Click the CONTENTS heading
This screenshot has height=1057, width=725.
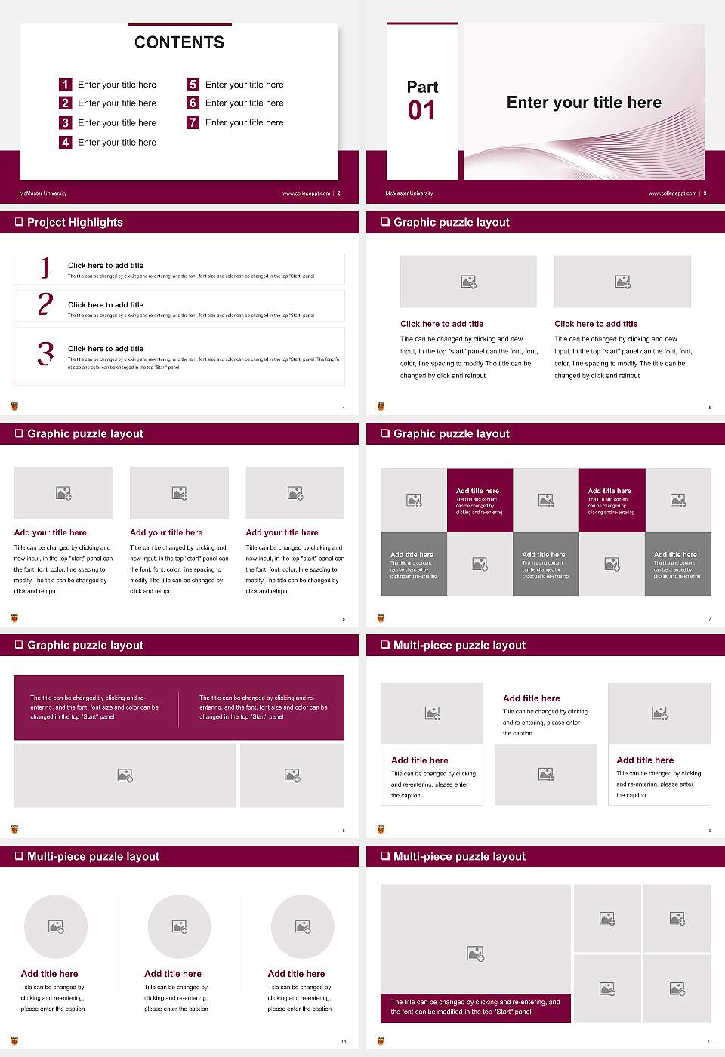point(179,42)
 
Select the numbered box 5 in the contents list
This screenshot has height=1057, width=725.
point(193,85)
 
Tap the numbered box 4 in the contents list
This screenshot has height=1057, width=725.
point(65,142)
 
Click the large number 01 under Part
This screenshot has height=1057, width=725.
point(421,111)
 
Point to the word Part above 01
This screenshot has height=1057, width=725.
point(422,87)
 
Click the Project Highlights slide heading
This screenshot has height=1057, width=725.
point(75,222)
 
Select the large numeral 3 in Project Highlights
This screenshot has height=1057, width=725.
point(45,353)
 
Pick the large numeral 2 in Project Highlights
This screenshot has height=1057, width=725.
point(45,304)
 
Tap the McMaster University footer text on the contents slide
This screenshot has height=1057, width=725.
point(43,193)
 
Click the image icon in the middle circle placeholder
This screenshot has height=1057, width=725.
point(179,926)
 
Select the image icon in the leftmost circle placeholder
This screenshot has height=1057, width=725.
point(56,926)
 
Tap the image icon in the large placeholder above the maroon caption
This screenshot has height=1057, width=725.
point(475,954)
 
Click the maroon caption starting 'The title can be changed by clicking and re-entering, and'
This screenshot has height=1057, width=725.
point(475,1006)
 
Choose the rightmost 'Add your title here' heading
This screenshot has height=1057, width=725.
point(282,532)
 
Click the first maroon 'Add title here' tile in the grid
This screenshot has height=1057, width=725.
point(480,501)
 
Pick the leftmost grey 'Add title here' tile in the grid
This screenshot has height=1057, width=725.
point(414,564)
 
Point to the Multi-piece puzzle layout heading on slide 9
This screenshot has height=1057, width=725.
point(459,645)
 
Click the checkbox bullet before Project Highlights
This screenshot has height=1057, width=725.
point(19,222)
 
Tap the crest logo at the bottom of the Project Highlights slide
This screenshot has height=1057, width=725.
point(14,406)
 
